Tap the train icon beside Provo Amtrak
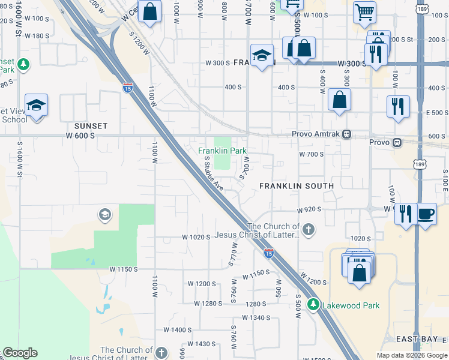pyautogui.click(x=347, y=135)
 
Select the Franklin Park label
pyautogui.click(x=223, y=151)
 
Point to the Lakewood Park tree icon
pyautogui.click(x=313, y=305)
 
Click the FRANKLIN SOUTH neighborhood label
pyautogui.click(x=297, y=186)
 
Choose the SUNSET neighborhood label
pyautogui.click(x=91, y=126)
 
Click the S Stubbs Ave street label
pyautogui.click(x=214, y=173)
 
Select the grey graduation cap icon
pyautogui.click(x=105, y=215)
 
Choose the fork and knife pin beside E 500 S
pyautogui.click(x=398, y=106)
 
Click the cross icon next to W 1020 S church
pyautogui.click(x=308, y=229)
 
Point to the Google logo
pyautogui.click(x=19, y=353)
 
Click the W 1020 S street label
pyautogui.click(x=196, y=237)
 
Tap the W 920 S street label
pyautogui.click(x=310, y=211)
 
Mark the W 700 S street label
pyautogui.click(x=312, y=154)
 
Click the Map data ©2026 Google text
pyautogui.click(x=411, y=355)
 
